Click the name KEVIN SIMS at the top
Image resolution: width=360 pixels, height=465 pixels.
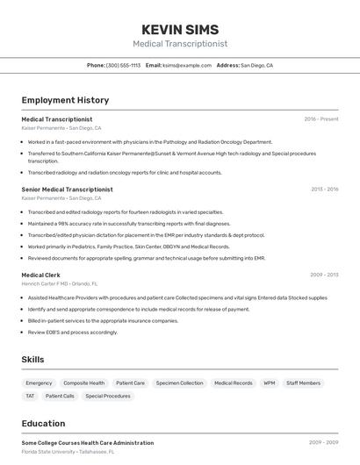pos(180,30)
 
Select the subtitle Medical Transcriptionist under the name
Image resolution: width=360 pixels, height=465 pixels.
pos(180,44)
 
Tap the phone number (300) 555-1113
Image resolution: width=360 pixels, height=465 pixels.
pos(123,65)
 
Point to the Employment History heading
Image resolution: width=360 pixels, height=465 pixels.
pos(65,100)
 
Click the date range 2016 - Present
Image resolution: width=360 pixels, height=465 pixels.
pos(320,119)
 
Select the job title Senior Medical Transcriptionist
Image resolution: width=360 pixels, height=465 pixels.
pos(68,190)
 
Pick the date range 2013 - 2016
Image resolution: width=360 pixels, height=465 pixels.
pos(324,190)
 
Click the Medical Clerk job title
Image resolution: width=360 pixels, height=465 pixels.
pos(40,275)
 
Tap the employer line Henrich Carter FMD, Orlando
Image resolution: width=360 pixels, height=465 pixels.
pos(60,283)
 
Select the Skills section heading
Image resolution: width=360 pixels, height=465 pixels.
pos(32,360)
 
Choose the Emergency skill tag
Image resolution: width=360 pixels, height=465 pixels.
pos(39,383)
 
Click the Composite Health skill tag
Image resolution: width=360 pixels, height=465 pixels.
pos(84,383)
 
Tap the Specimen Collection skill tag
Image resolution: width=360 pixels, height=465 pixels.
pos(179,383)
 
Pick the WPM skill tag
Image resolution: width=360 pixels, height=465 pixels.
pos(270,383)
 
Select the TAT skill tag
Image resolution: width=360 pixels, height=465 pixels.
pos(30,397)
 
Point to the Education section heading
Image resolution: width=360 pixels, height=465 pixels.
pos(43,424)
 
